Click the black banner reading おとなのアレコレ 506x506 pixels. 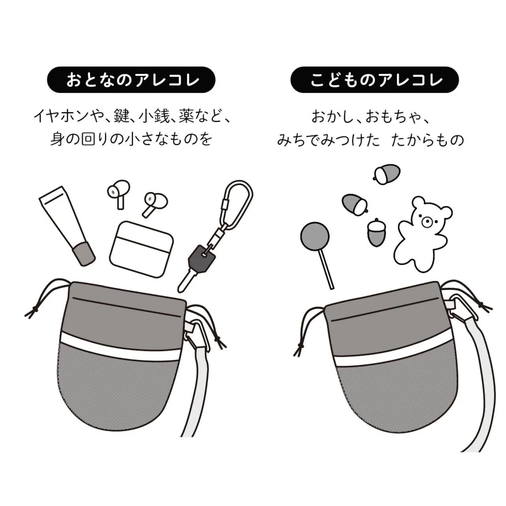tap(131, 79)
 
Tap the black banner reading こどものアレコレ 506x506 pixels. tap(375, 79)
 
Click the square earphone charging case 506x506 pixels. tap(142, 249)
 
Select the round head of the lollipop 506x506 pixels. tap(315, 236)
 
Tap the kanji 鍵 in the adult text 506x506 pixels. tap(122, 116)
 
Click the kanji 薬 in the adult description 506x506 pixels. tap(188, 116)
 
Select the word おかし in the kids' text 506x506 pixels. tap(332, 117)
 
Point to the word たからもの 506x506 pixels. tap(428, 140)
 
